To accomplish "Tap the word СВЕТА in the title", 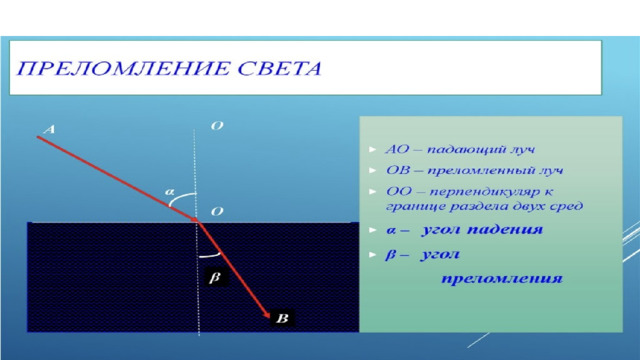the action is (280, 68).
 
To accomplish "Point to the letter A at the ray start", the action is (49, 130).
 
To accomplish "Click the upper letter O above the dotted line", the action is (217, 126).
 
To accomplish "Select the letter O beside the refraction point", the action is (217, 211).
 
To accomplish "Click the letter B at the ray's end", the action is (282, 318).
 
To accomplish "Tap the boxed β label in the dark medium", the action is (215, 277).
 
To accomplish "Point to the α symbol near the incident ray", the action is (169, 191).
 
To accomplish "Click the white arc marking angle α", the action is (179, 197).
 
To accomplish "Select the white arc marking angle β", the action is (210, 256).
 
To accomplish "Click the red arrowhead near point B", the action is (266, 314).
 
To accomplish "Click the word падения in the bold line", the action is (505, 230).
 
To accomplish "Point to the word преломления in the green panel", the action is (502, 279).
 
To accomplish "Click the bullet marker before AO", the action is (372, 149).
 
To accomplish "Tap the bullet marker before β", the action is (372, 255).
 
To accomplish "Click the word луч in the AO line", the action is (522, 150).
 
